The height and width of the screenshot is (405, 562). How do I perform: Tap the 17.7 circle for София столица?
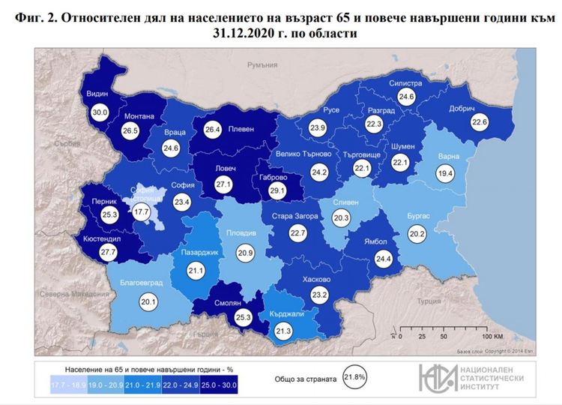point(142,213)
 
